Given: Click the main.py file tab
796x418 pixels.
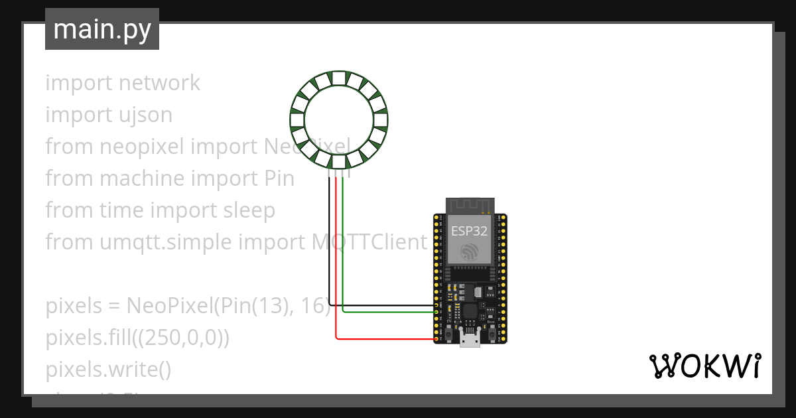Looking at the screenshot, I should pos(102,29).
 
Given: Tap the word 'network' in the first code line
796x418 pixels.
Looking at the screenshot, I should pos(159,83).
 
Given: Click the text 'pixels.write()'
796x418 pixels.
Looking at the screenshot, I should pos(108,370).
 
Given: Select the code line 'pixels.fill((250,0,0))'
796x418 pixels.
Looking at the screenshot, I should pos(137,338).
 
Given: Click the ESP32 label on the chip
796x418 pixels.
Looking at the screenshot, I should pos(470,231).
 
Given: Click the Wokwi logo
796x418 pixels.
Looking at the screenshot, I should pos(704,366).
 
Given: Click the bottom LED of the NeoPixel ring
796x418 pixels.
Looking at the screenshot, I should pos(339,161).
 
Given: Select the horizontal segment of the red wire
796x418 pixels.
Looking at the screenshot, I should pos(385,339).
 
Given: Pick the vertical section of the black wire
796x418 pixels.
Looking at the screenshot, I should pos(330,239).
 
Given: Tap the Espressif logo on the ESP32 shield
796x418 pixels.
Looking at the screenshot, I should pos(470,252).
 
